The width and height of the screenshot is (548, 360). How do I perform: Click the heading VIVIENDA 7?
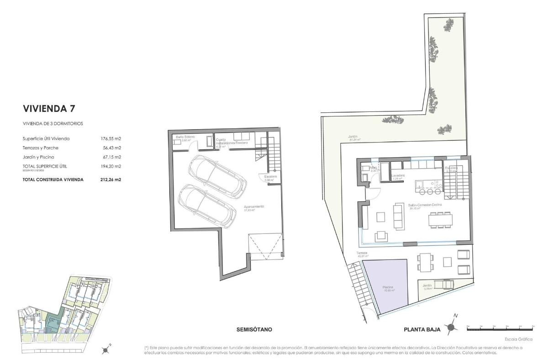(x=49, y=109)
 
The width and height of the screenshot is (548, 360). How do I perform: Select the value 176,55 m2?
(x=111, y=138)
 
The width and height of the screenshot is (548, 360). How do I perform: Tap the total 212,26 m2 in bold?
(x=111, y=180)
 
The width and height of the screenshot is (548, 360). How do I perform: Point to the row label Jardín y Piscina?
(x=38, y=157)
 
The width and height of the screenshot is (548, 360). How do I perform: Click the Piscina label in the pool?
(x=388, y=287)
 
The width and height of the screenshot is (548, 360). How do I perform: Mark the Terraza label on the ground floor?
(x=363, y=253)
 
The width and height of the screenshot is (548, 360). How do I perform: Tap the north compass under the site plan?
(x=106, y=350)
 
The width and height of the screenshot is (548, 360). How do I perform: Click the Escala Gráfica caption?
(x=518, y=339)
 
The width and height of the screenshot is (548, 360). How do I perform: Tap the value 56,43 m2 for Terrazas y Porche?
(x=111, y=148)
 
